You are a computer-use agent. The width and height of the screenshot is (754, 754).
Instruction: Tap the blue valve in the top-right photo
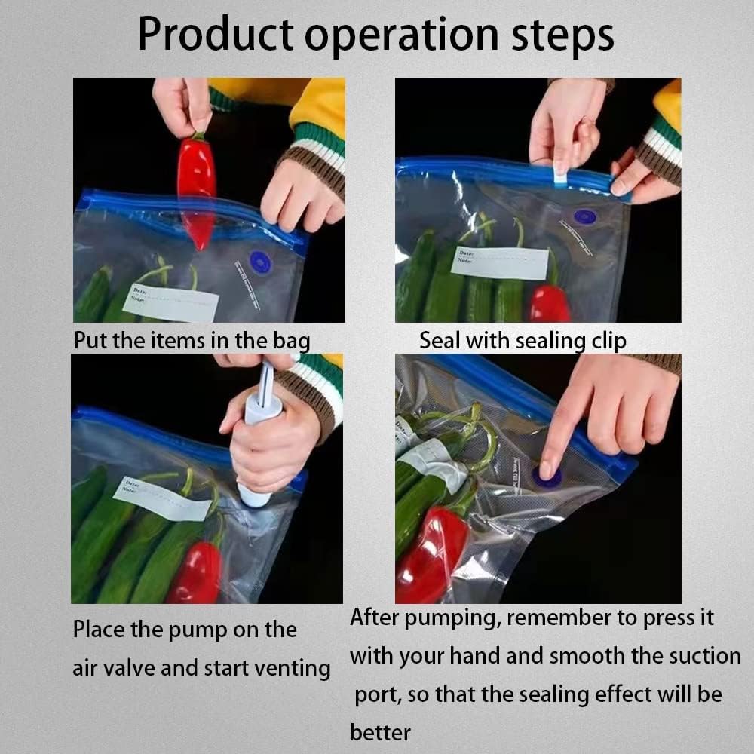[x=584, y=216]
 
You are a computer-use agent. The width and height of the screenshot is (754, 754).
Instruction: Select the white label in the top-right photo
[x=500, y=262]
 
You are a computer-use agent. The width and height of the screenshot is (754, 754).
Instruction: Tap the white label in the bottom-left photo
[x=161, y=499]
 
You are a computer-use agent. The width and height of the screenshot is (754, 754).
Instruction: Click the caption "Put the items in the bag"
[x=192, y=340]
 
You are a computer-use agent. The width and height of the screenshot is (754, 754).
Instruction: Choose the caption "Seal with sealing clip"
[x=523, y=340]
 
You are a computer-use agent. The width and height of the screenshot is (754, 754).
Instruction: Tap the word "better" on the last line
[x=381, y=731]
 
